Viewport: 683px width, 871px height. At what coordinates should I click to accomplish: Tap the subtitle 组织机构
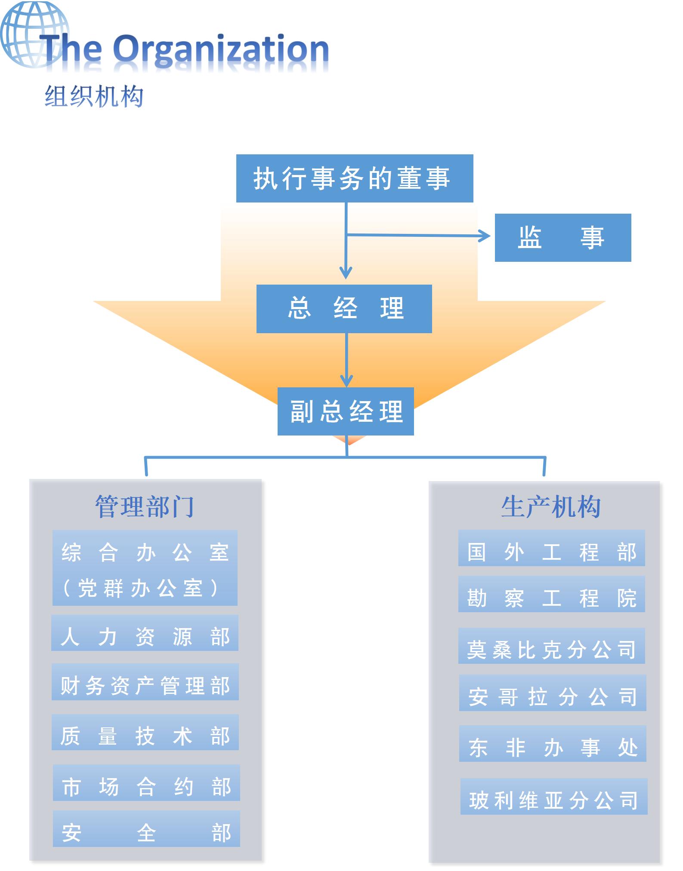click(x=94, y=96)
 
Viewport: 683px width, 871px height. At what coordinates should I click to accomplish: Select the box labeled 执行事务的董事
click(x=354, y=178)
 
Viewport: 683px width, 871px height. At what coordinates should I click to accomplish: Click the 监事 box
click(x=562, y=237)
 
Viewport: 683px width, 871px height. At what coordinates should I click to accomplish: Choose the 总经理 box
click(x=344, y=309)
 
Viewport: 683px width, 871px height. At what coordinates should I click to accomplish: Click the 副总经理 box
click(x=346, y=411)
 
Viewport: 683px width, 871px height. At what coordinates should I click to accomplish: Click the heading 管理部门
click(x=145, y=506)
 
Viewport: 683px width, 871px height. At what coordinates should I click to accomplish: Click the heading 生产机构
click(x=550, y=506)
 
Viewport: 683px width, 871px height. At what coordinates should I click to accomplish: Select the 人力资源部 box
click(x=145, y=633)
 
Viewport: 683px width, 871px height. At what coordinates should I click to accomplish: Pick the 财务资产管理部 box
click(x=145, y=682)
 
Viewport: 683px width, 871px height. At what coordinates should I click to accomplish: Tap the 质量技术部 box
click(x=145, y=732)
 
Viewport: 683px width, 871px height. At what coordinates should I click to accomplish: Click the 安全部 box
click(x=146, y=829)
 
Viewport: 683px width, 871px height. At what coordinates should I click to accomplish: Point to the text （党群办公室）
click(x=140, y=588)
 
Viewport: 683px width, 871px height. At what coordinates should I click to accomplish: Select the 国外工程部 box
click(x=551, y=548)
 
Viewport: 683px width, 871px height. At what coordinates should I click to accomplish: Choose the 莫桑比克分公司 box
click(x=551, y=646)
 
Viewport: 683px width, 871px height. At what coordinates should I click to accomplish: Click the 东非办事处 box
click(x=553, y=744)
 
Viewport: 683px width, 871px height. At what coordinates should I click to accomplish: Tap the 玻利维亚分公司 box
click(x=554, y=797)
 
